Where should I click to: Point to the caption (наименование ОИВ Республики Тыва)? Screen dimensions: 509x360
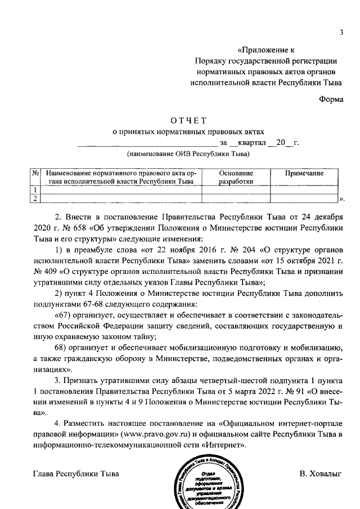click(x=188, y=153)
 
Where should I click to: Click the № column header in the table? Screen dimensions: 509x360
click(x=35, y=173)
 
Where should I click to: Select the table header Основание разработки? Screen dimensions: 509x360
click(x=236, y=177)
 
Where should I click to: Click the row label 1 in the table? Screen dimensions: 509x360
click(x=35, y=190)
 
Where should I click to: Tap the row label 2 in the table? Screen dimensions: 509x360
click(x=35, y=197)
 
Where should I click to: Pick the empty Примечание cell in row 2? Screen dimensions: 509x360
click(x=304, y=197)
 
